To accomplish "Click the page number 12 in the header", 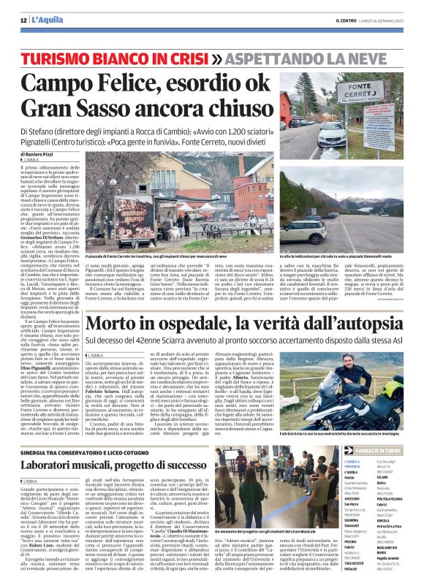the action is (x=23, y=20).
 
